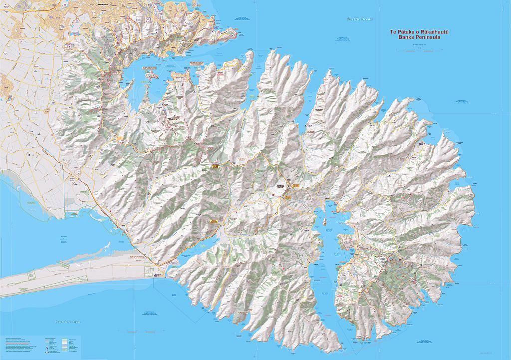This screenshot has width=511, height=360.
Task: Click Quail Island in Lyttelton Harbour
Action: click(x=151, y=75)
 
